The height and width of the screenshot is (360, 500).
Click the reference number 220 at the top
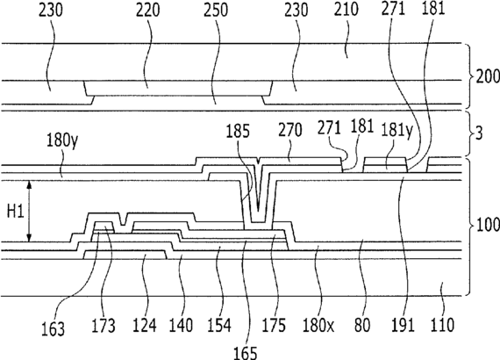pyautogui.click(x=147, y=11)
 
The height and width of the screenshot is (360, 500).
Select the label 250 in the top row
pyautogui.click(x=216, y=11)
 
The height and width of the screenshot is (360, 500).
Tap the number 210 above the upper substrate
pyautogui.click(x=346, y=11)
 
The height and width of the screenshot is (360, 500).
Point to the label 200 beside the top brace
pyautogui.click(x=488, y=77)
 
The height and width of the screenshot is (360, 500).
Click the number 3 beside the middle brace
pyautogui.click(x=479, y=134)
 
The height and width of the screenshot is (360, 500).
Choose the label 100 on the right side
pyautogui.click(x=488, y=226)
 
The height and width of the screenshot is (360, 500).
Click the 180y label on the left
pyautogui.click(x=62, y=140)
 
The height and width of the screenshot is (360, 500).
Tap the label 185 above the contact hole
pyautogui.click(x=238, y=132)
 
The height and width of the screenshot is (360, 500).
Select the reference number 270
pyautogui.click(x=289, y=130)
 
